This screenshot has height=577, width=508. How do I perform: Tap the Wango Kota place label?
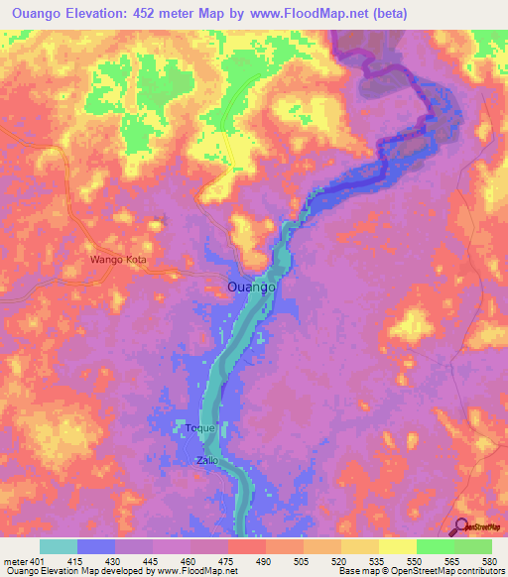coord(119,259)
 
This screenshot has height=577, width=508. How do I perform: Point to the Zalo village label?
coord(206,461)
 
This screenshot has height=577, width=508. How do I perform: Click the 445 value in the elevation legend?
coord(153,561)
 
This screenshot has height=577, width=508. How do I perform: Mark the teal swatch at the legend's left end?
coord(59,546)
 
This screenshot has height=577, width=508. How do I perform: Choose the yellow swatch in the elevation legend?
coord(398,546)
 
